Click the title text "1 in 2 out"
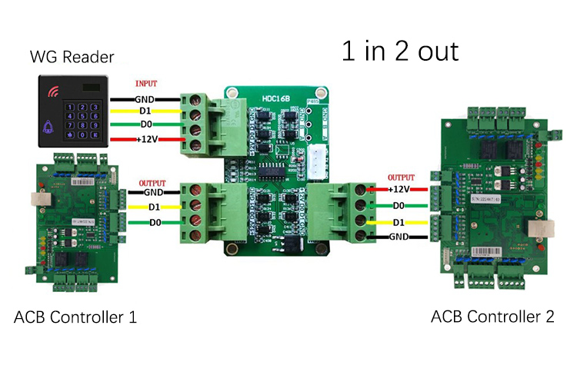399,51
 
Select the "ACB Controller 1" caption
75,317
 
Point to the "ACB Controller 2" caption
492,317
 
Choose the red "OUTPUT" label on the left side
152,183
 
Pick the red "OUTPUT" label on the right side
402,178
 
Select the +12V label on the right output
399,189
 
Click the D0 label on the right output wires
399,206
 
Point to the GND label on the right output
399,237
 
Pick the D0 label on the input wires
145,124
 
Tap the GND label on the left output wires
154,192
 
